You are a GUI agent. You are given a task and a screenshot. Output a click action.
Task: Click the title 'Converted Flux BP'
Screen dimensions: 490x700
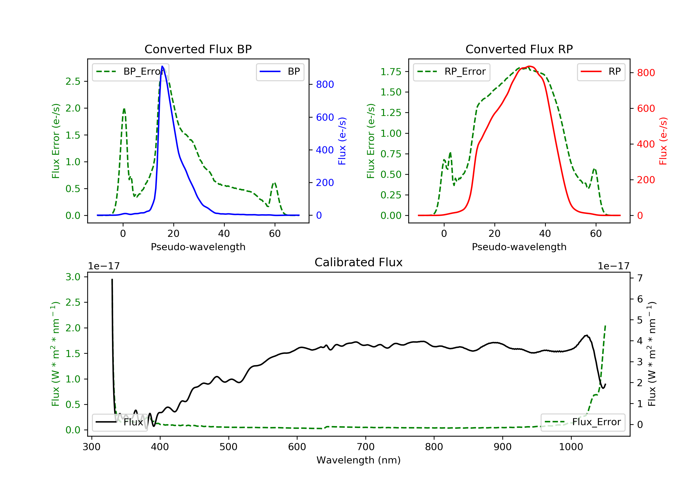pos(198,49)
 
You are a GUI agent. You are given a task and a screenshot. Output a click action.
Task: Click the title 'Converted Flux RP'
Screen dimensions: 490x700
pos(519,49)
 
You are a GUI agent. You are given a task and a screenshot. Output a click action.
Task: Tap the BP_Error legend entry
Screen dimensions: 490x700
pos(130,72)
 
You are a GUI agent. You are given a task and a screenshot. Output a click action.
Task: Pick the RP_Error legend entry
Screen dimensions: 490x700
pos(451,72)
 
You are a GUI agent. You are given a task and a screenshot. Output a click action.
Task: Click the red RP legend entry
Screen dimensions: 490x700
pos(601,72)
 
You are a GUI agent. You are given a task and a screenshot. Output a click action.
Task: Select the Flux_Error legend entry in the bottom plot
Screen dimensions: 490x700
pos(583,422)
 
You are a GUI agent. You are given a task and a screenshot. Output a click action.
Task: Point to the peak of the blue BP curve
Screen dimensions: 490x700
pos(162,66)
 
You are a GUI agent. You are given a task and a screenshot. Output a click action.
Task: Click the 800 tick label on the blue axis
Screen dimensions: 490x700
pos(325,84)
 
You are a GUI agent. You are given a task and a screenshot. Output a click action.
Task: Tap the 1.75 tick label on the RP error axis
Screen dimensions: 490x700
pos(391,72)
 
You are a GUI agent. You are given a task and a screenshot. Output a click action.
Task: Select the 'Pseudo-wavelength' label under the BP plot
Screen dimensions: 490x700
pos(198,247)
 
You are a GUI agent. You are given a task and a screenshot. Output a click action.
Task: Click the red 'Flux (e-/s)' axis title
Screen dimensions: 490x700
pos(663,141)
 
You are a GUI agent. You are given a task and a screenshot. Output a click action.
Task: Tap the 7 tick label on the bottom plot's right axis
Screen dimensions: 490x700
pos(640,278)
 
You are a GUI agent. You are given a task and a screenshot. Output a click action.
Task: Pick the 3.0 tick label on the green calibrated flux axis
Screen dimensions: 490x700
pos(73,277)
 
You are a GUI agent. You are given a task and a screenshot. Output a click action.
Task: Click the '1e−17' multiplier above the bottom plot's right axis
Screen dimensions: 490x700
pos(613,266)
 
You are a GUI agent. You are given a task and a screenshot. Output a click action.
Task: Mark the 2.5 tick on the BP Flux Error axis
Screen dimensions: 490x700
pos(73,81)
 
